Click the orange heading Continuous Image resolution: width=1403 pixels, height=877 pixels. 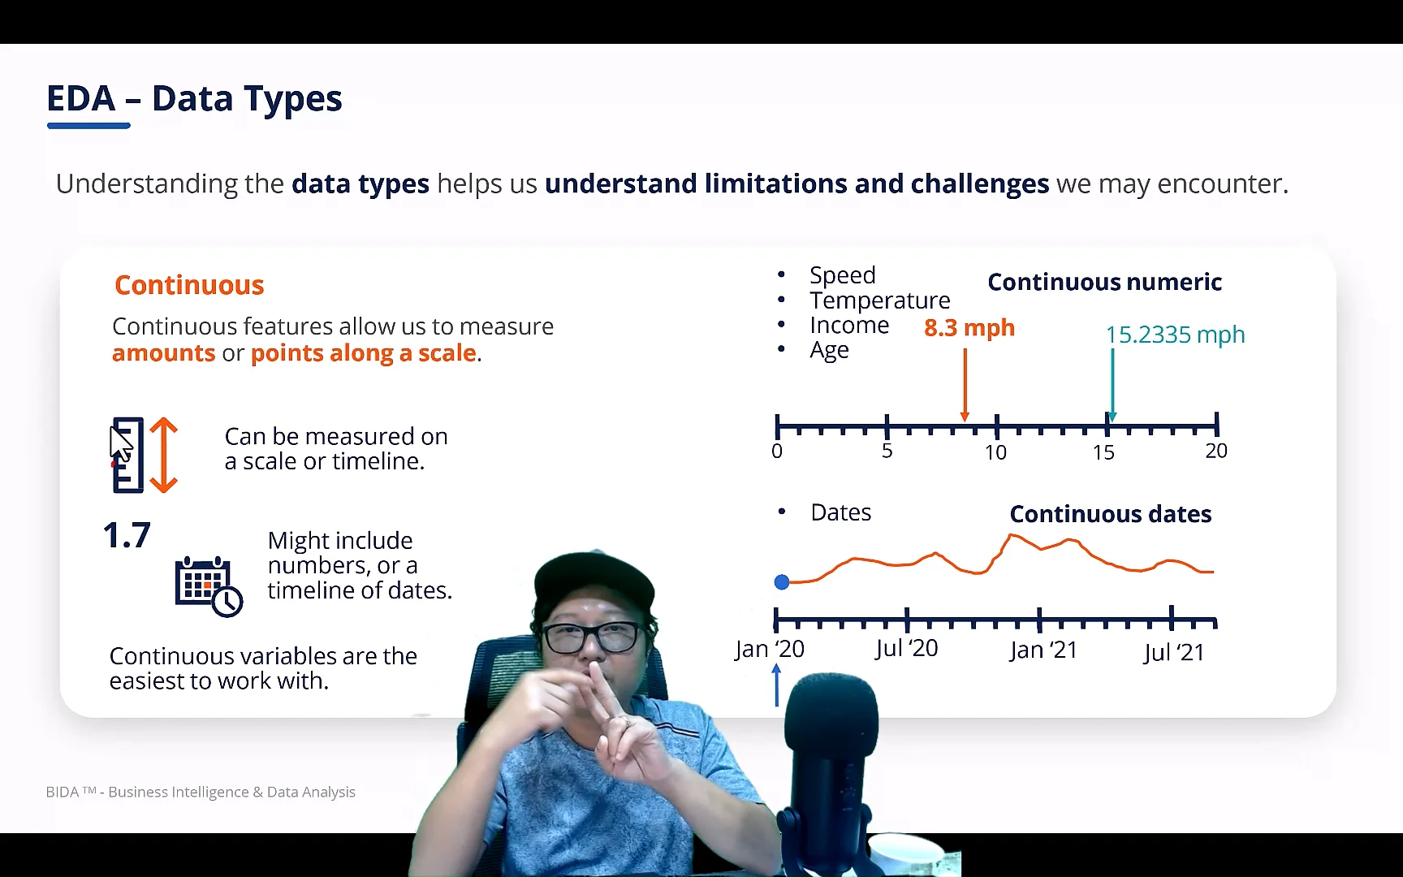189,285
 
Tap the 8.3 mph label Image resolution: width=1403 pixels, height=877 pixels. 969,328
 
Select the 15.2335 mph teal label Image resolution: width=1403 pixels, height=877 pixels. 1175,335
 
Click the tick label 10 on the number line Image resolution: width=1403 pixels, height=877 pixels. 995,453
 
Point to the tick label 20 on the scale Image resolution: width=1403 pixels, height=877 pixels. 1215,451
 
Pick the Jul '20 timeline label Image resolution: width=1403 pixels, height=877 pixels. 906,649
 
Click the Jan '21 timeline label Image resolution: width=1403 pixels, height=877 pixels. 1043,650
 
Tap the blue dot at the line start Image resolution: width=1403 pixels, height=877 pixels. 782,582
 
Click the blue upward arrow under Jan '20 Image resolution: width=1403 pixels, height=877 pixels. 776,685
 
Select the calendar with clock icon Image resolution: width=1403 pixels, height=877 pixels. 208,586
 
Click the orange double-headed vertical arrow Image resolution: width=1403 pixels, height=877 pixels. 164,455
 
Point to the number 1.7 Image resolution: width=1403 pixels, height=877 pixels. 127,536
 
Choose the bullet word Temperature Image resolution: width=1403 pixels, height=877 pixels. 879,300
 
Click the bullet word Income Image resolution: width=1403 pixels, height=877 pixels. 849,326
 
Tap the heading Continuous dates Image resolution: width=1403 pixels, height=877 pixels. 1110,514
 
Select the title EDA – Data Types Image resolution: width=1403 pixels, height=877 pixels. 194,99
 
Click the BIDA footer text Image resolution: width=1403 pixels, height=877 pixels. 201,792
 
